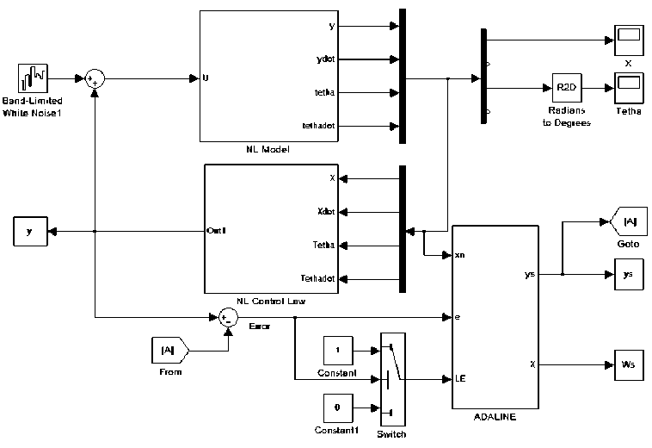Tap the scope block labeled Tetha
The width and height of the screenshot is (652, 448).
pos(627,88)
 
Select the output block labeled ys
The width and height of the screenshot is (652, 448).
pos(627,275)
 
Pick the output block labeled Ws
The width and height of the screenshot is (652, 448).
pos(627,364)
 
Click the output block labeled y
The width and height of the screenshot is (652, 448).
pos(30,231)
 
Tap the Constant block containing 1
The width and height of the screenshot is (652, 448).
pos(338,352)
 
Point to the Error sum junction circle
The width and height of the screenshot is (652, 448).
pos(227,318)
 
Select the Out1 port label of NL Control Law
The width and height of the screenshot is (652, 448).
pos(216,231)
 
